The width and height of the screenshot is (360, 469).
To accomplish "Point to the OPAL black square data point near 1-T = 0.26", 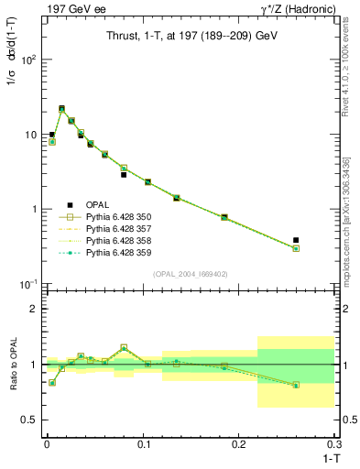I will click(296, 240).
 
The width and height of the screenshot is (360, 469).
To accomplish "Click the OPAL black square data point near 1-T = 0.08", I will click(124, 174).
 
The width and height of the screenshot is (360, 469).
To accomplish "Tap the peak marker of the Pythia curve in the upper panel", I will click(61, 109).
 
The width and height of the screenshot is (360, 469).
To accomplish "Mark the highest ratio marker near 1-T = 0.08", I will click(124, 348).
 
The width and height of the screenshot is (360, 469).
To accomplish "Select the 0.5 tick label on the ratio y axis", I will click(31, 420).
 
